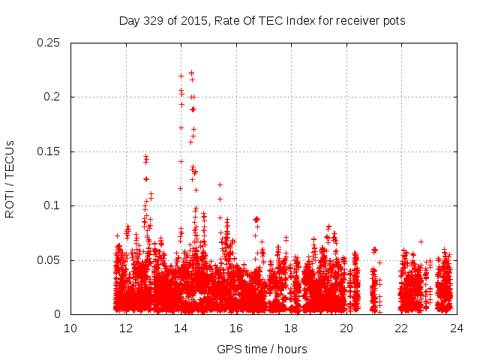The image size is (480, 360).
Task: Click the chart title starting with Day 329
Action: pyautogui.click(x=262, y=21)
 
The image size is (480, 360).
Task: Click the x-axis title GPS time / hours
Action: pyautogui.click(x=262, y=349)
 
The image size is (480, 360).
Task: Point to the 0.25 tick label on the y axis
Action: pyautogui.click(x=49, y=43)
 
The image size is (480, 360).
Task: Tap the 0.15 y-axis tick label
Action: pyautogui.click(x=49, y=151)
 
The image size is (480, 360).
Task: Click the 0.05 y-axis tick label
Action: pyautogui.click(x=49, y=260)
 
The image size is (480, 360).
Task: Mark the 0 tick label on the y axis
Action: pyautogui.click(x=58, y=315)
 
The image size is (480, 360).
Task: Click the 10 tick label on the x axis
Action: pyautogui.click(x=70, y=328)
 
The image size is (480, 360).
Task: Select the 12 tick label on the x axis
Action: pyautogui.click(x=126, y=328)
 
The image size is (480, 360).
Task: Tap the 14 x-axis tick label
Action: pyautogui.click(x=181, y=328)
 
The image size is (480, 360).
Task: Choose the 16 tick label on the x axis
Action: pyautogui.click(x=236, y=328)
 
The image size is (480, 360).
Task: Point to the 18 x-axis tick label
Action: pyautogui.click(x=291, y=328)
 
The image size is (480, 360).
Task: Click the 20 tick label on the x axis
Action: pyautogui.click(x=346, y=328)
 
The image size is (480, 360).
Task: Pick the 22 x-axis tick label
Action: pyautogui.click(x=401, y=328)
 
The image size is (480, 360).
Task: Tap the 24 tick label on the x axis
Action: pyautogui.click(x=457, y=328)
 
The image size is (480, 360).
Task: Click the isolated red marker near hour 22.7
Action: pyautogui.click(x=421, y=241)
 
